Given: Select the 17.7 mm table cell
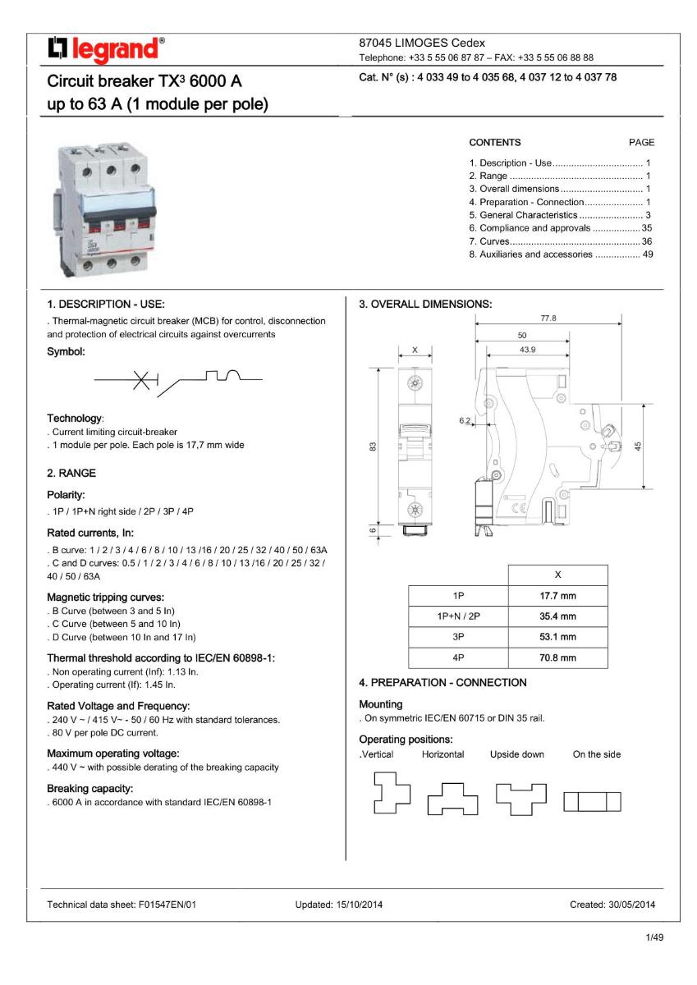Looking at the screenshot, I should pos(557,596).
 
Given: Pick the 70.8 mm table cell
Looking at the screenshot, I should pos(557,657).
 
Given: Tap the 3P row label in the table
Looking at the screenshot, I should pos(458,637).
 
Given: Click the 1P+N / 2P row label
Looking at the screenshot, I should pos(458,616).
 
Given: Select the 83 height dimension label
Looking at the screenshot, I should pos(372,447).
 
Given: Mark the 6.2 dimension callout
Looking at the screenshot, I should pos(465,420).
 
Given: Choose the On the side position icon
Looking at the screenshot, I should pos(591,800).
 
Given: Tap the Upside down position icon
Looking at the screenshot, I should pos(521,795).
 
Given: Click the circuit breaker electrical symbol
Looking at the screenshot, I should pos(177,379).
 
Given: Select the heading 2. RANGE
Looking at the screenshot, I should pos(71,473).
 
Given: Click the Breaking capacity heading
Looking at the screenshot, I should pos(90,789).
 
